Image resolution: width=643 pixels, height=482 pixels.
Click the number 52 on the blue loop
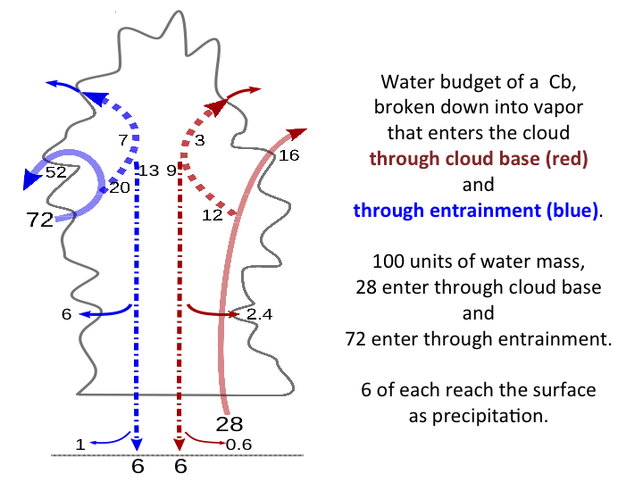point(56,172)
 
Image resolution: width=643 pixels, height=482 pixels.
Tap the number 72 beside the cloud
point(41,220)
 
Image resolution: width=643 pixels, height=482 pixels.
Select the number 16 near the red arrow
point(288,155)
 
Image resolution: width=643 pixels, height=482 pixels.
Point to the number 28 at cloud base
point(230,423)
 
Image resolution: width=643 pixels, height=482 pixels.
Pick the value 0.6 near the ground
point(238,445)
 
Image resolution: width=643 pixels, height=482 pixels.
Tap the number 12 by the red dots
point(212,215)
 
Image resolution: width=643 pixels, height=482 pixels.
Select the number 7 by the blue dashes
point(123,140)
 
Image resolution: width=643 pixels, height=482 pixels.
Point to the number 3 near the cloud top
point(200,140)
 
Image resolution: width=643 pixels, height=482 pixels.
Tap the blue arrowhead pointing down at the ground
point(138,444)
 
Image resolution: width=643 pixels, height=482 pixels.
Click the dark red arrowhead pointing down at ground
point(180,444)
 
